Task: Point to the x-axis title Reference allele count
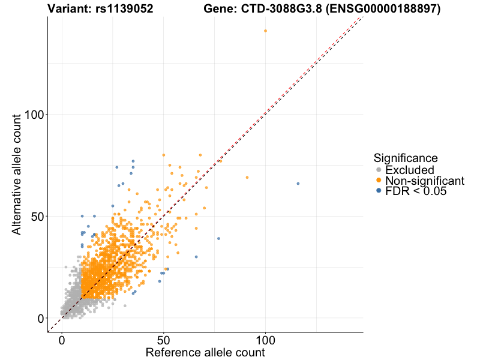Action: [205, 352]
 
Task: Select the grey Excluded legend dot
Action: [378, 170]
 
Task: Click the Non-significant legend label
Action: [425, 181]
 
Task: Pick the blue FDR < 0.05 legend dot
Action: [378, 191]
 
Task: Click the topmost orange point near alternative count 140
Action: [265, 31]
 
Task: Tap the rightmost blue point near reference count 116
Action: [298, 184]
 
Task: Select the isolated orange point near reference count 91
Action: [247, 178]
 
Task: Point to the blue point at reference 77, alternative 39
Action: [218, 238]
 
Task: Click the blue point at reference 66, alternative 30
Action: [196, 257]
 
